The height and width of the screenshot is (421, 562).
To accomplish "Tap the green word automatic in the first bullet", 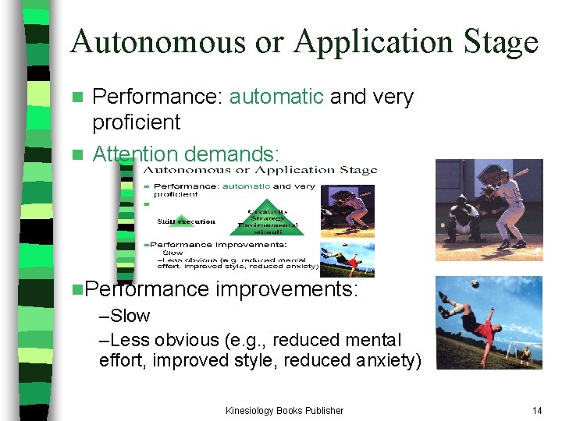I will tap(276, 97).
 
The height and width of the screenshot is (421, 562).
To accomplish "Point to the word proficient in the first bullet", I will tap(136, 122).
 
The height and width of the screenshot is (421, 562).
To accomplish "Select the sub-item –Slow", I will tap(125, 316).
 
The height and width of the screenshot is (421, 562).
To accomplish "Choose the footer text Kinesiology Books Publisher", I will tap(284, 410).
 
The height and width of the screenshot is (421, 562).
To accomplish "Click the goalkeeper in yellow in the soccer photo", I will tap(528, 355).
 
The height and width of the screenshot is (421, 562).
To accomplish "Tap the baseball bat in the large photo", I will tap(511, 174).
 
